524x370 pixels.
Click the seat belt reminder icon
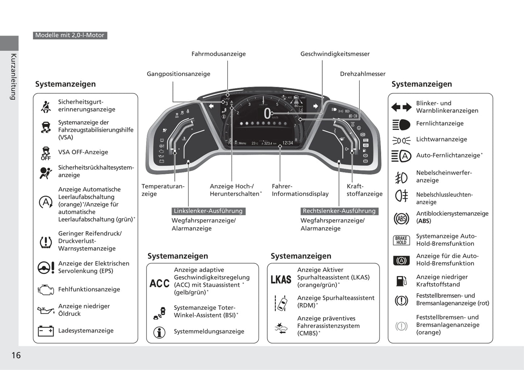[46, 106]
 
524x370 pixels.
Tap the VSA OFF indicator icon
[46, 153]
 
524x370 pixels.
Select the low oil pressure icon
[46, 310]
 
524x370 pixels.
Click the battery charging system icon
[46, 331]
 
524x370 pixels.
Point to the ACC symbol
[160, 283]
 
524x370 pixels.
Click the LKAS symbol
[281, 280]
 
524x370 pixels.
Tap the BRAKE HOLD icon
[401, 240]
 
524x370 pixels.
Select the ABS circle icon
[401, 219]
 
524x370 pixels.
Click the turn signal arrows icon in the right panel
[401, 107]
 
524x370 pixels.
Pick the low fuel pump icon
[401, 281]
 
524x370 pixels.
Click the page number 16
[16, 355]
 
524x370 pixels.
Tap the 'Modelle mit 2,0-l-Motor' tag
[70, 35]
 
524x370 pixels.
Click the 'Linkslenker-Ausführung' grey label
[208, 211]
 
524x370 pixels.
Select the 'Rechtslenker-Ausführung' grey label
[339, 211]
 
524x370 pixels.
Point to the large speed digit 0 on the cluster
[267, 114]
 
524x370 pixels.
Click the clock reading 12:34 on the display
[288, 143]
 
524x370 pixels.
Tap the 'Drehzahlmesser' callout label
[363, 74]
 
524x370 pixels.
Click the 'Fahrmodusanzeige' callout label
[219, 54]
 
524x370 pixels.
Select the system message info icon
[160, 332]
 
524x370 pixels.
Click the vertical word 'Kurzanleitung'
[13, 77]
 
